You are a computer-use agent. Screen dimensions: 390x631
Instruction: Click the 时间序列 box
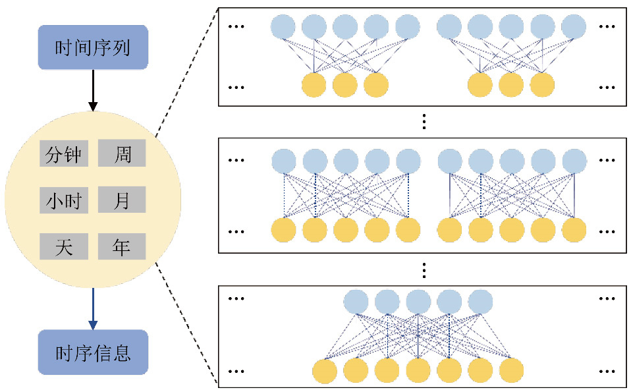click(x=93, y=48)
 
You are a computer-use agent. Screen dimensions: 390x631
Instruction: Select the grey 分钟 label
click(x=63, y=154)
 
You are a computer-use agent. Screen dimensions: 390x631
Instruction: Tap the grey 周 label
click(x=122, y=154)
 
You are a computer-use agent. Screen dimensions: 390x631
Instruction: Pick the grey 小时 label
click(x=63, y=200)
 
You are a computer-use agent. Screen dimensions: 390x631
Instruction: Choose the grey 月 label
click(x=122, y=200)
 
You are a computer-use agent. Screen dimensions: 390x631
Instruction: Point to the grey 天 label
click(x=63, y=246)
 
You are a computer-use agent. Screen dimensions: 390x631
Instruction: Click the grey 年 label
click(x=122, y=246)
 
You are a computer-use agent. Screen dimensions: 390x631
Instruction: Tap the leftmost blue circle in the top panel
click(x=283, y=27)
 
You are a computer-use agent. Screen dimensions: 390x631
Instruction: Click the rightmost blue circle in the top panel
click(x=573, y=27)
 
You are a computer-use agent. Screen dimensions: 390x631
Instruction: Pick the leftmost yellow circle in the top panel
click(x=314, y=85)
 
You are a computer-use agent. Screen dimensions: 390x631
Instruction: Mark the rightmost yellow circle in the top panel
click(x=542, y=85)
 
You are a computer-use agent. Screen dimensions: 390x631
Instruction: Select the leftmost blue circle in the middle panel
click(x=283, y=161)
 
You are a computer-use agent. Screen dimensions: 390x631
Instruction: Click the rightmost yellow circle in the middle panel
click(x=573, y=230)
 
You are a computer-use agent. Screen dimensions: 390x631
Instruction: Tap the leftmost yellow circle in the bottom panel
click(x=325, y=371)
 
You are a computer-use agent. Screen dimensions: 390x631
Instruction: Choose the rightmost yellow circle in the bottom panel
click(x=510, y=371)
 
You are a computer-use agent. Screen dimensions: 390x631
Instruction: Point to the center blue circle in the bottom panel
click(x=418, y=302)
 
